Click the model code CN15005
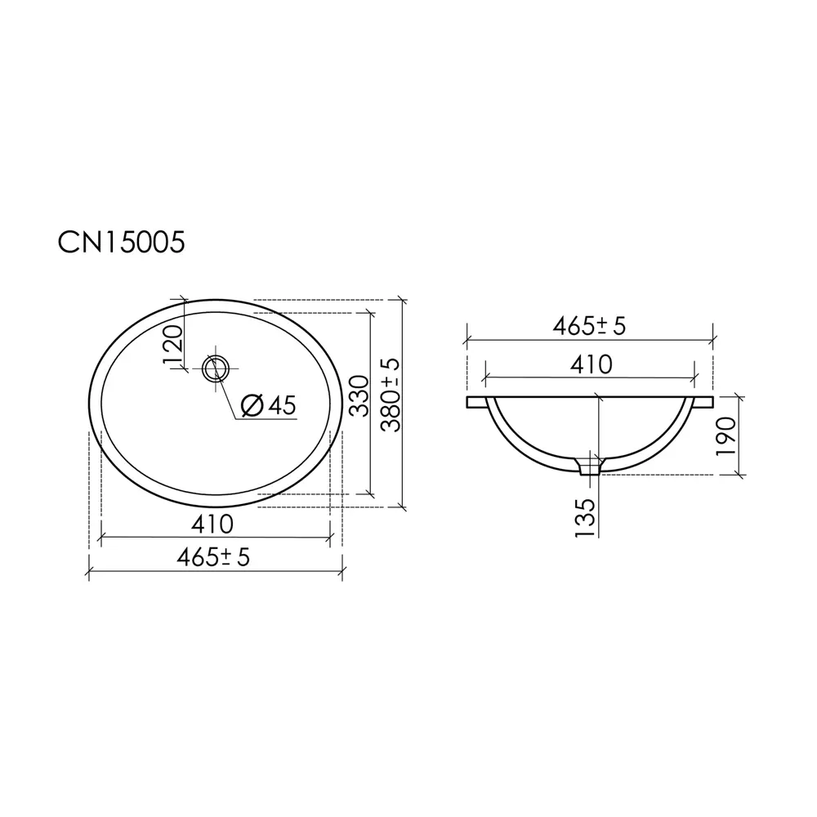(x=121, y=243)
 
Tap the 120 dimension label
(x=173, y=345)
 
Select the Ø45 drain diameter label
(x=269, y=405)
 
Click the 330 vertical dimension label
(x=359, y=396)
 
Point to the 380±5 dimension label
(x=391, y=395)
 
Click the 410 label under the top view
(x=212, y=525)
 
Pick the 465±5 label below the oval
(x=213, y=557)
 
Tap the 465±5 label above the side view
(x=589, y=326)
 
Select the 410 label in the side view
(x=591, y=364)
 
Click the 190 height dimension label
(x=726, y=435)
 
